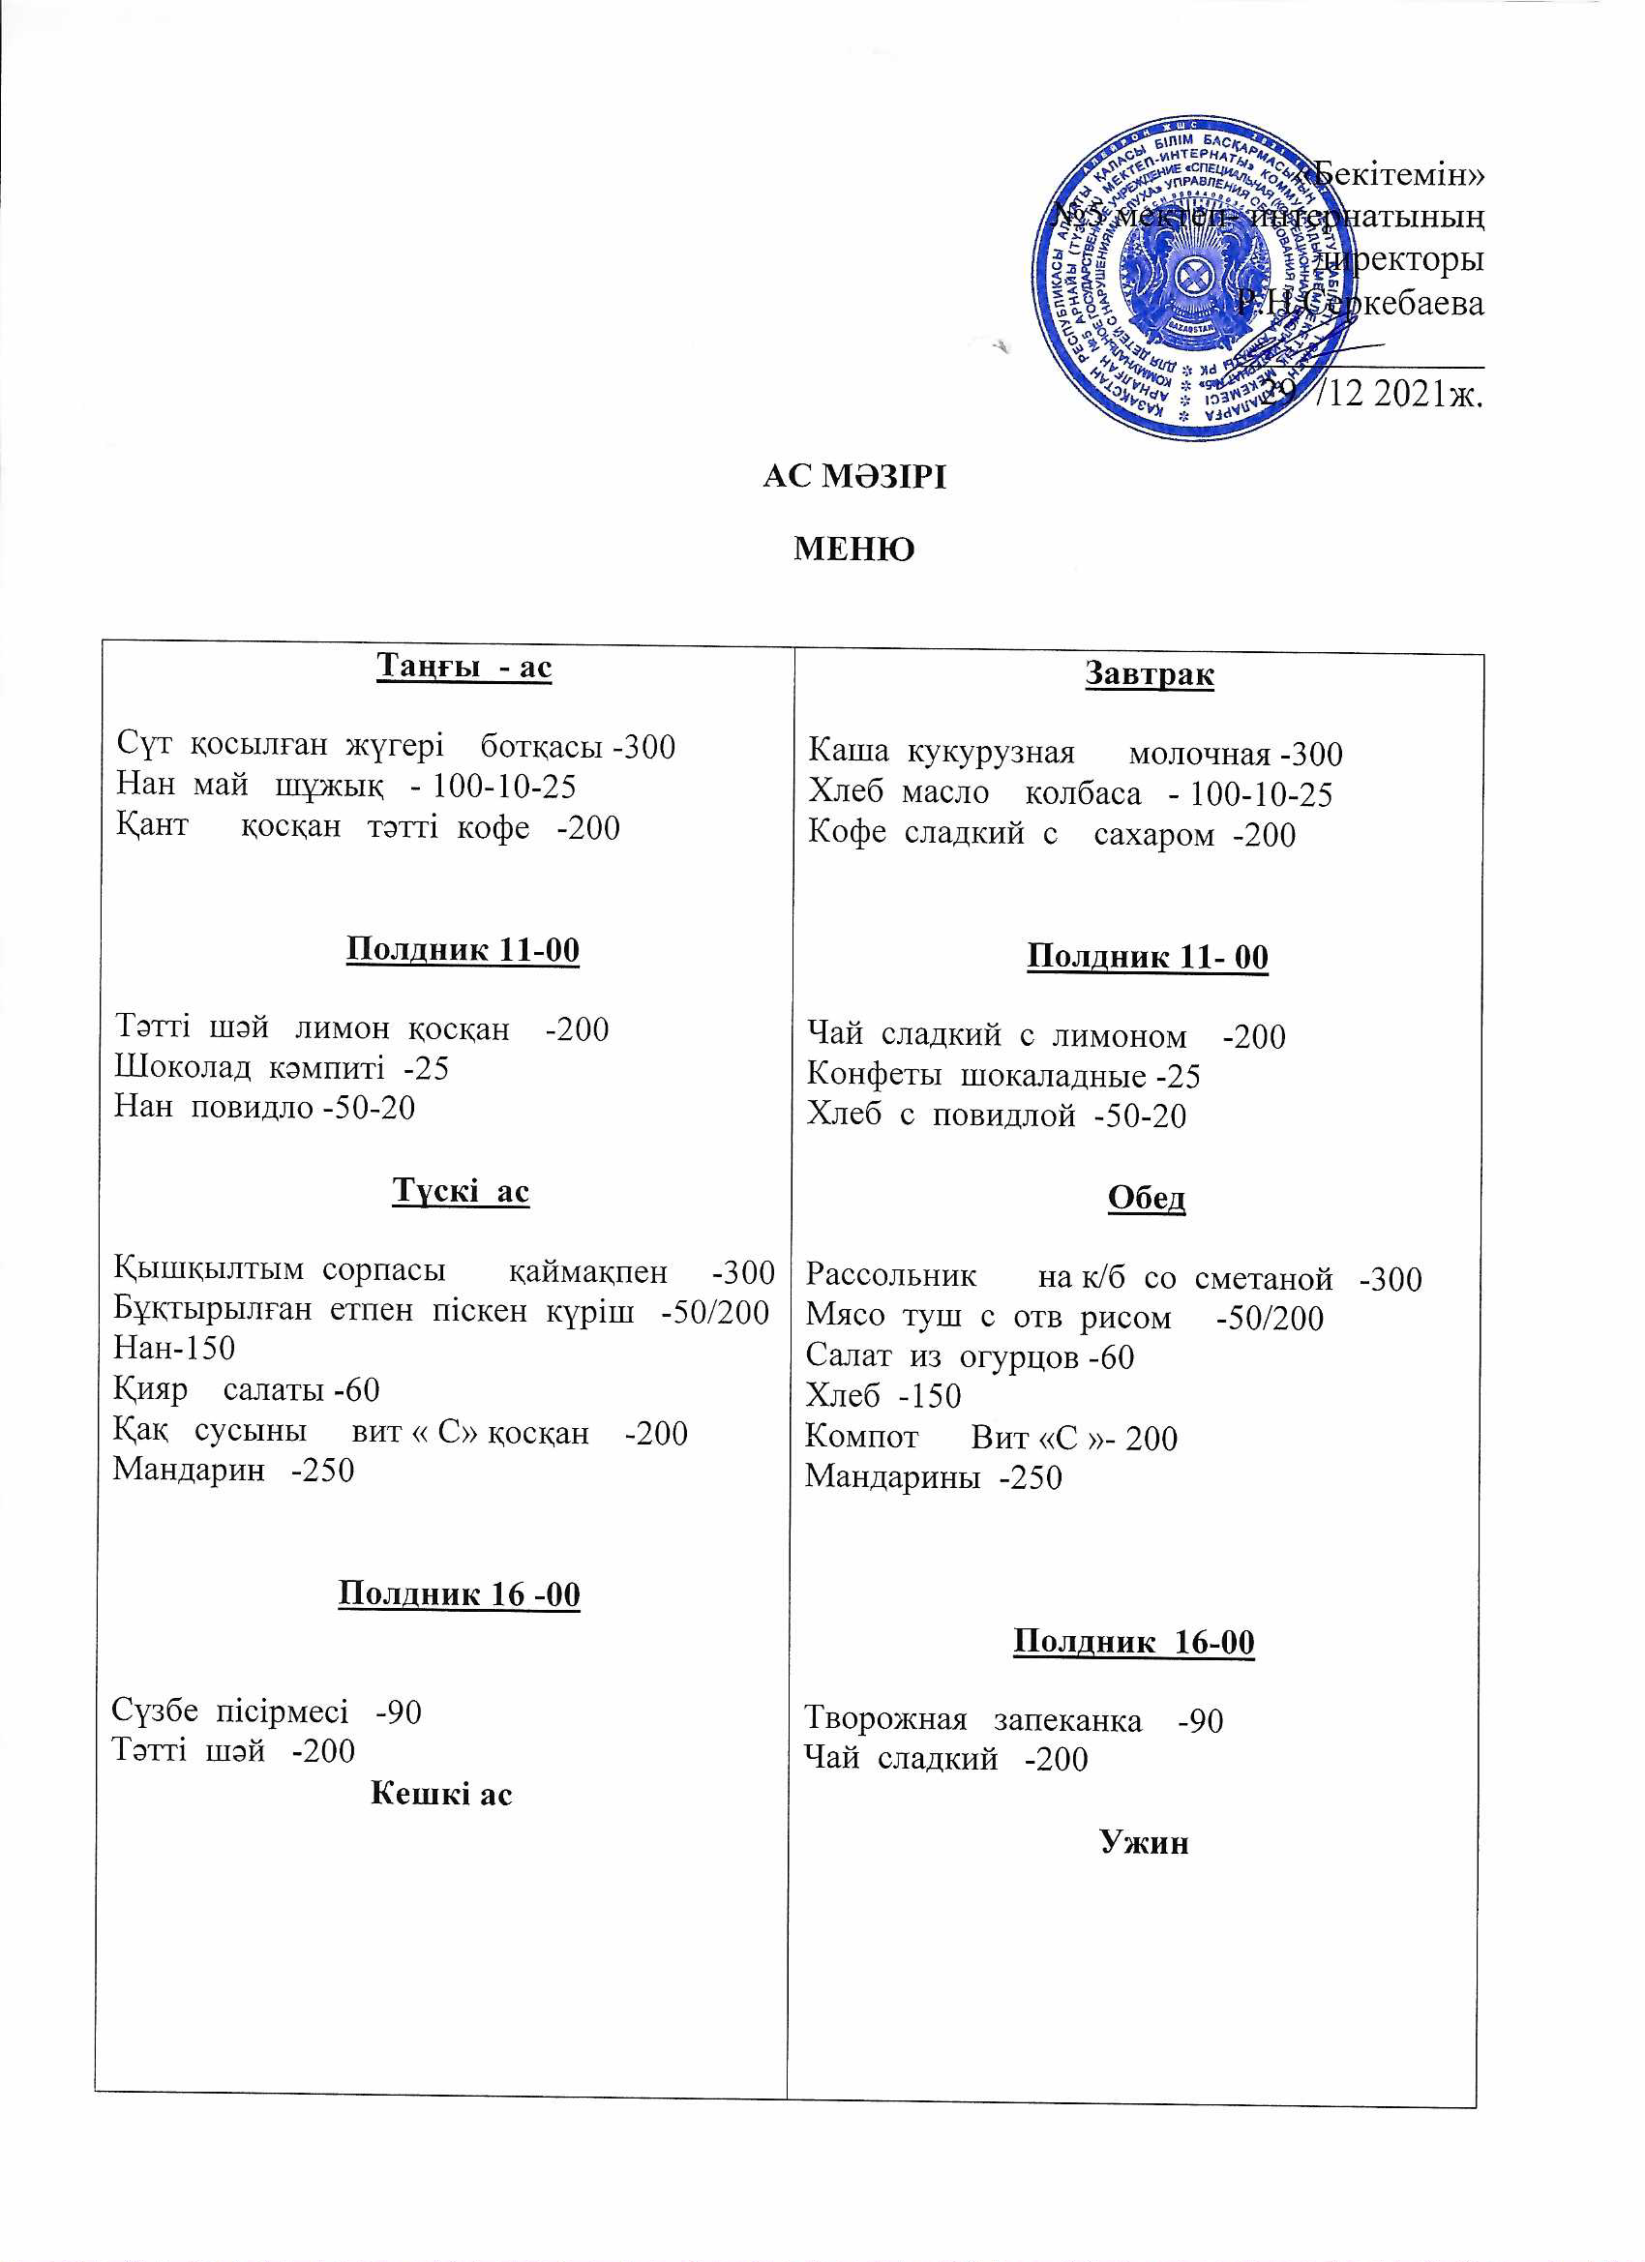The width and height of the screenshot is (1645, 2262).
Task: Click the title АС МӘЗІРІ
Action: (x=853, y=478)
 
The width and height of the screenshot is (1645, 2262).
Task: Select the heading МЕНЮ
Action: (x=853, y=550)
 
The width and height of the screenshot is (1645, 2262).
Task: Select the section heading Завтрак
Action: (x=1150, y=675)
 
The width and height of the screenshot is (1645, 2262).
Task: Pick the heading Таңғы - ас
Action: (x=464, y=668)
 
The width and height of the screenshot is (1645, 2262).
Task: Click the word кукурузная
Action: (x=991, y=754)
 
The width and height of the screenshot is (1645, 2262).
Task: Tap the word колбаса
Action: (x=1083, y=794)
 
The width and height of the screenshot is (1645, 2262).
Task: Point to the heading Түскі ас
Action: (x=461, y=1191)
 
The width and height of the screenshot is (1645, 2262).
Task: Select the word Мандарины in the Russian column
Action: (x=892, y=1477)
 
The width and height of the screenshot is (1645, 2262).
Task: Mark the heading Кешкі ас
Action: (x=441, y=1793)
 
